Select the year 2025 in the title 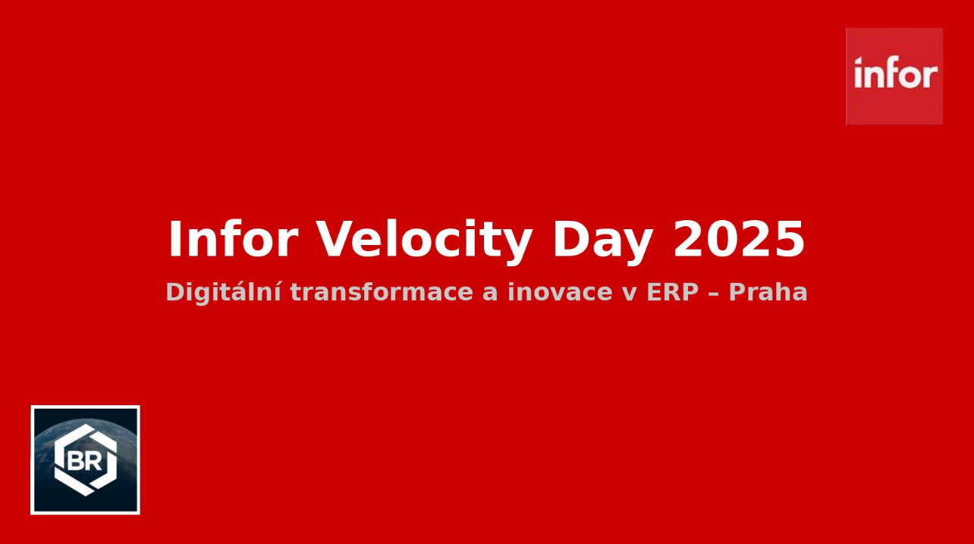click(x=738, y=239)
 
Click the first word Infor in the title click(x=234, y=239)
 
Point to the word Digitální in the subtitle click(x=224, y=292)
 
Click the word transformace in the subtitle click(x=382, y=291)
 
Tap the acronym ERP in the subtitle click(x=673, y=291)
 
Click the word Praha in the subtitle click(x=768, y=291)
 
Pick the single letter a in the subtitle click(x=490, y=294)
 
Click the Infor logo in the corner click(x=894, y=76)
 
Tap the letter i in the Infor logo click(x=858, y=72)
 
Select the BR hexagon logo click(x=85, y=460)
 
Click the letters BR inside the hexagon click(x=85, y=461)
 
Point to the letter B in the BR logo click(x=76, y=461)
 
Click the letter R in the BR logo click(x=94, y=461)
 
